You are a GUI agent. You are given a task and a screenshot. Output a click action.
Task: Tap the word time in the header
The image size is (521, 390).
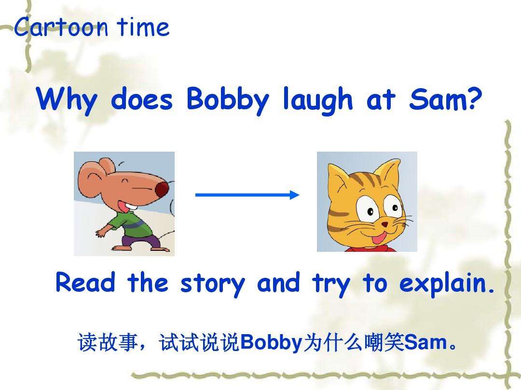coord(143,28)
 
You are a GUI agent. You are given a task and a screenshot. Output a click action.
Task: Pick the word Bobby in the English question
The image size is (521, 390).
coord(227,101)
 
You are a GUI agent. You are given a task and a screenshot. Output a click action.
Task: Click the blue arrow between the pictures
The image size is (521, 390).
coord(247,195)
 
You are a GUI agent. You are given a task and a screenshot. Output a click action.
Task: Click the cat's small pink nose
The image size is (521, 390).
coord(384,224)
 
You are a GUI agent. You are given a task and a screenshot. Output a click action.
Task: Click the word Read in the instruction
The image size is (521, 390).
coord(85,283)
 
